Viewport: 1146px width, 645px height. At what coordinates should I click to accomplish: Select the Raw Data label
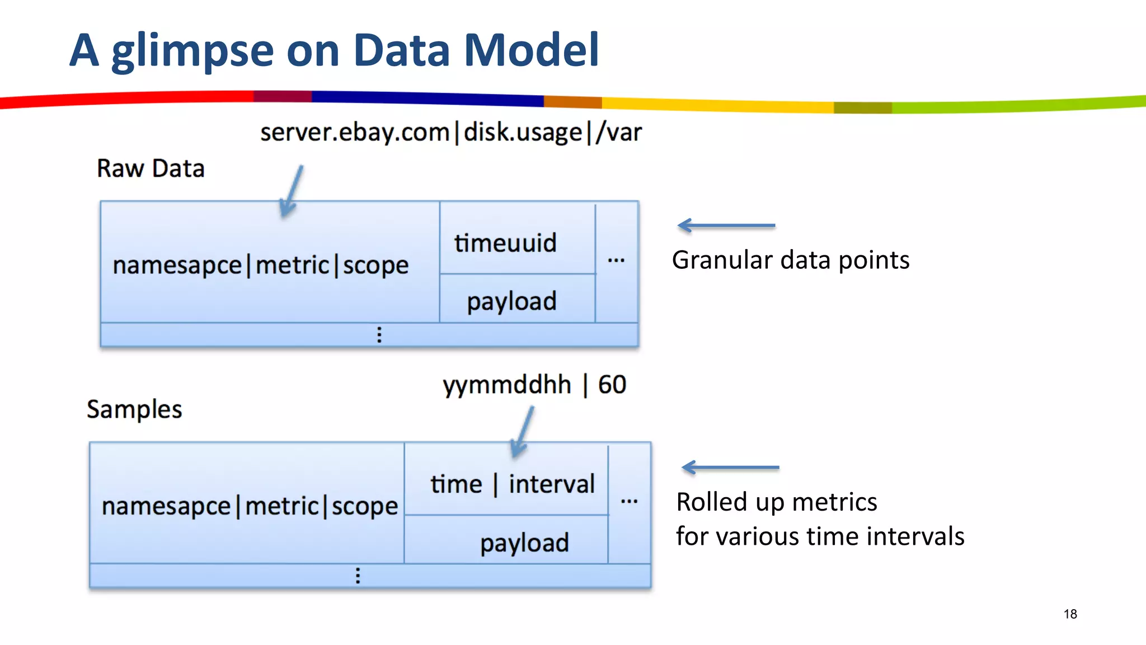[x=151, y=169]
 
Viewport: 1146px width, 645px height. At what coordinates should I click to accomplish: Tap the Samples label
[x=134, y=409]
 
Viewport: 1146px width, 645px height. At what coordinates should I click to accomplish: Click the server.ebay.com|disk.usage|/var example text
[x=451, y=133]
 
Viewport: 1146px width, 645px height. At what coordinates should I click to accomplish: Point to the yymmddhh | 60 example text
[x=534, y=385]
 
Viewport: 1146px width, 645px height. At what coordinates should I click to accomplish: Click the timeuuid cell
[x=505, y=243]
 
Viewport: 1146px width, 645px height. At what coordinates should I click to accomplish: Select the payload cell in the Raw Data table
[x=511, y=301]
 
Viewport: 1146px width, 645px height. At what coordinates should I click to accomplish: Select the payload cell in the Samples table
[x=524, y=543]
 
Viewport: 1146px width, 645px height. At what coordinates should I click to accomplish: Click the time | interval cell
[x=512, y=484]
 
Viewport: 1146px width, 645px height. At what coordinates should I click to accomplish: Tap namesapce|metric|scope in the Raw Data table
[x=261, y=265]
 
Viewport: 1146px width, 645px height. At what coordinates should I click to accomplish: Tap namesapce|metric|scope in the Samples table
[x=250, y=506]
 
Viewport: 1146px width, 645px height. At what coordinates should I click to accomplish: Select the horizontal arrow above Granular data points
[x=726, y=226]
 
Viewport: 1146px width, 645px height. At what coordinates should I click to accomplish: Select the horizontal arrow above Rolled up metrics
[x=730, y=467]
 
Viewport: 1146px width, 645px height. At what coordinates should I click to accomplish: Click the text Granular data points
[x=790, y=260]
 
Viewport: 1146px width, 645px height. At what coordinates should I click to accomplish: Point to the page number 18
[x=1070, y=614]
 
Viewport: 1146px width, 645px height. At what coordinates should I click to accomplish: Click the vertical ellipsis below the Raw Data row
[x=379, y=335]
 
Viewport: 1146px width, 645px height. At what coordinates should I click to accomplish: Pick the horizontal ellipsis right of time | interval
[x=629, y=501]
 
